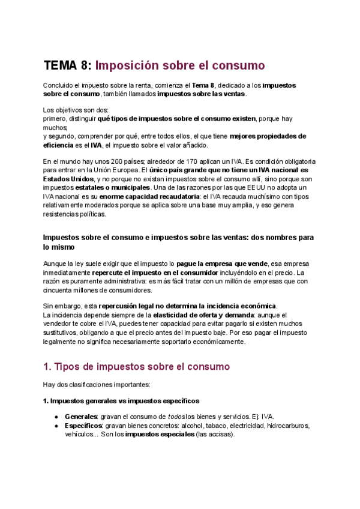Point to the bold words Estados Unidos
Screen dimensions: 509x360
[68, 179]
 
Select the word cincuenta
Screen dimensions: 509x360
[59, 290]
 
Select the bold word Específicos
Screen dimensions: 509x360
[83, 426]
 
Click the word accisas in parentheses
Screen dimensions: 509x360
[219, 435]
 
